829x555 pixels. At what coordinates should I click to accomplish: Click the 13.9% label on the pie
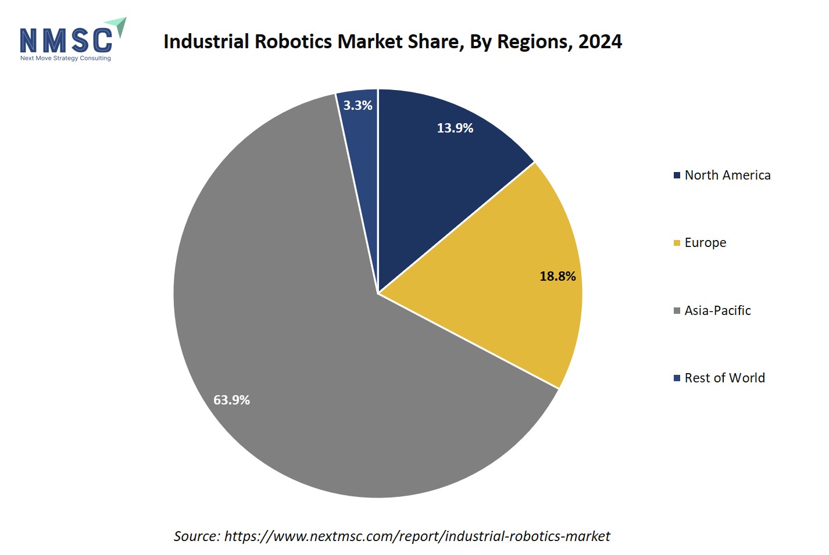coord(455,128)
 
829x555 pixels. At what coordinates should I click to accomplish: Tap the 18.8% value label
coord(558,276)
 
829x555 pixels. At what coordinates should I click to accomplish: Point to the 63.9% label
coord(231,400)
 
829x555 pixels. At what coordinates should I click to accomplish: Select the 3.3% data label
coord(358,105)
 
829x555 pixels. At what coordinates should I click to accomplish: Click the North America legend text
coord(727,175)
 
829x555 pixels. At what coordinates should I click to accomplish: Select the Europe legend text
coord(705,242)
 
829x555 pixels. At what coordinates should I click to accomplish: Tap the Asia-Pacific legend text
coord(717,310)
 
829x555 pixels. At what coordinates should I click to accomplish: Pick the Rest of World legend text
coord(724,378)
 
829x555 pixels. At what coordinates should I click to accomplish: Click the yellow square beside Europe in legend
coord(677,243)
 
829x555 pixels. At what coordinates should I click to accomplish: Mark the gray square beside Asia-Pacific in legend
coord(677,311)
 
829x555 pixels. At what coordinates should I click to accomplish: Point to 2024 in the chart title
coord(600,42)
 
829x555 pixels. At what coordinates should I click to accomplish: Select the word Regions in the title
coord(532,42)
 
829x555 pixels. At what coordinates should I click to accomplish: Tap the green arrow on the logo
coord(117,26)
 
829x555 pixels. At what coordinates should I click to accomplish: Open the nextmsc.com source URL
coord(417,536)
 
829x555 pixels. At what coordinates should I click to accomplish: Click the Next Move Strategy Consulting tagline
coord(65,58)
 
